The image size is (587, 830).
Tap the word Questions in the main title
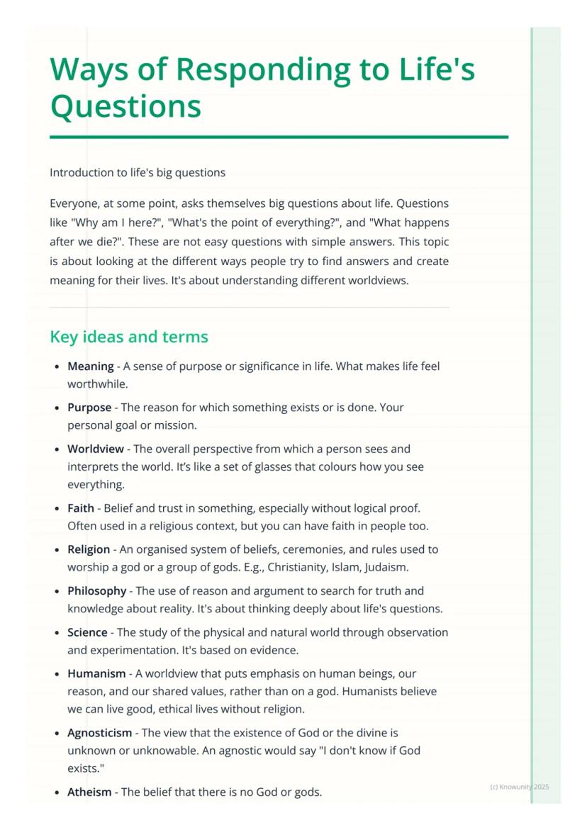coord(125,106)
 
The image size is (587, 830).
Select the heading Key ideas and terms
coord(129,337)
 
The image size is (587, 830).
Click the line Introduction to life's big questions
coord(138,172)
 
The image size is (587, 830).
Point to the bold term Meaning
coord(90,366)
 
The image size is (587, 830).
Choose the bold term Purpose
coord(89,408)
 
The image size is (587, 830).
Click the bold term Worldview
coord(95,449)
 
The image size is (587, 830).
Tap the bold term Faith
coord(81,508)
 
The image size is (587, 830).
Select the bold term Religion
coord(89,549)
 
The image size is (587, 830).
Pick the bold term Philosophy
coord(96,590)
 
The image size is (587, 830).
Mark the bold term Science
coord(87,632)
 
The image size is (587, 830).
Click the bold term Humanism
coord(96,673)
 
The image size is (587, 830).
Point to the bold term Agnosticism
coord(99,733)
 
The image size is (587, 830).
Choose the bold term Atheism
coord(89,792)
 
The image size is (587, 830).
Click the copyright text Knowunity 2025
coord(520,787)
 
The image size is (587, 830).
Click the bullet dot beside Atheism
coord(57,792)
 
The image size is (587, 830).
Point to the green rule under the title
coord(279,137)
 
